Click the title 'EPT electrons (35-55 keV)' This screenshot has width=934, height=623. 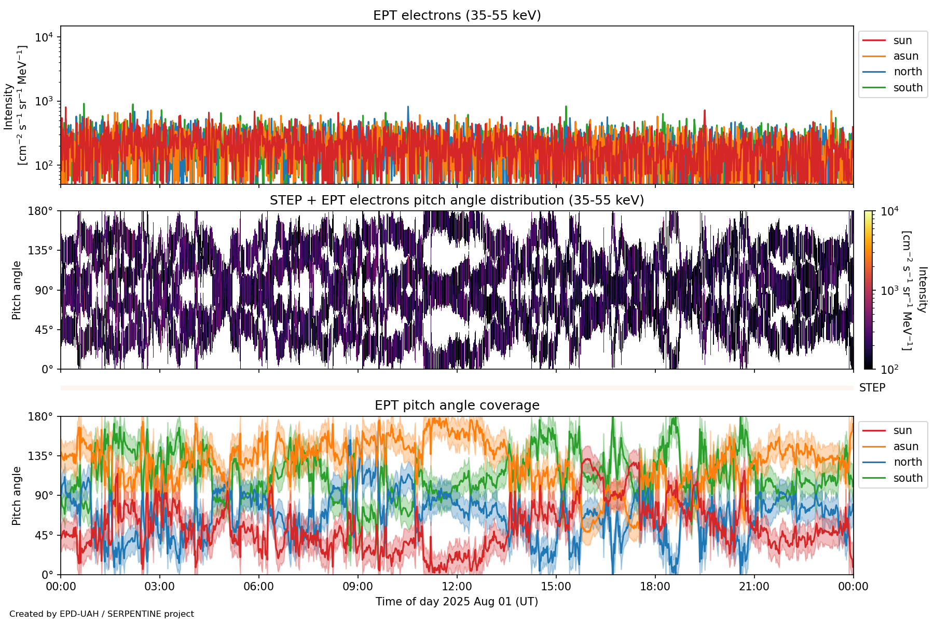pyautogui.click(x=457, y=16)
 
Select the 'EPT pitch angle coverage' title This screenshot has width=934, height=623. pyautogui.click(x=457, y=405)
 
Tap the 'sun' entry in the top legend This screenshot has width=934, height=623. pyautogui.click(x=902, y=40)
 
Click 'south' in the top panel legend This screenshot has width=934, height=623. pyautogui.click(x=908, y=88)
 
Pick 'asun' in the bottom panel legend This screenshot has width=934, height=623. pyautogui.click(x=905, y=446)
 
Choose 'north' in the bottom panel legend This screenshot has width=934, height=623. pyautogui.click(x=908, y=462)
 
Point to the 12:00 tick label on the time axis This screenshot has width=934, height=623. pyautogui.click(x=457, y=587)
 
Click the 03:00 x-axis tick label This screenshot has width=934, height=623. pyautogui.click(x=160, y=587)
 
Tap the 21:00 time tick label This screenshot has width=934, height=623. pyautogui.click(x=754, y=587)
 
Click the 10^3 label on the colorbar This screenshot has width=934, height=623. pyautogui.click(x=889, y=290)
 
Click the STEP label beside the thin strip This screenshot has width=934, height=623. pyautogui.click(x=872, y=388)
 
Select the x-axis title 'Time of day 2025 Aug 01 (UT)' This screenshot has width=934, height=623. pyautogui.click(x=457, y=602)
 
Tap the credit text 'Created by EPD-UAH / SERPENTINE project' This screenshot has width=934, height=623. pyautogui.click(x=102, y=614)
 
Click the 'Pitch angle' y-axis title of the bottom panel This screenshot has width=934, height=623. pyautogui.click(x=17, y=495)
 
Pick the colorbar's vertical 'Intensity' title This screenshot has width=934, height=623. pyautogui.click(x=922, y=290)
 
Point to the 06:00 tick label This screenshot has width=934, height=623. pyautogui.click(x=258, y=587)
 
